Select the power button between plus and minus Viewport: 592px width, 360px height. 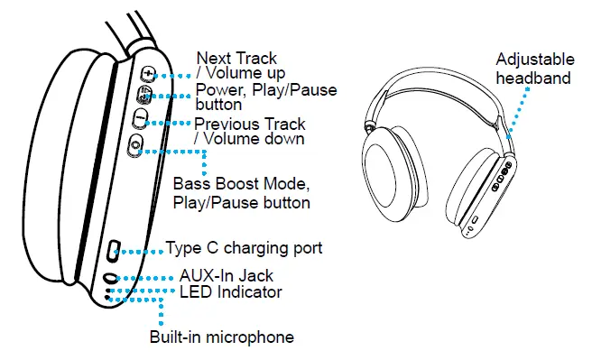click(144, 94)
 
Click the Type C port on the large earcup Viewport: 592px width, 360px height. click(115, 249)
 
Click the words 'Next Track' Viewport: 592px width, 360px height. click(236, 59)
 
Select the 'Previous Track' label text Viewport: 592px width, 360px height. click(250, 124)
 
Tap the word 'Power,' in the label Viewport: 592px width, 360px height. click(218, 90)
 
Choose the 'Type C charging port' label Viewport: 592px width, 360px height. click(245, 247)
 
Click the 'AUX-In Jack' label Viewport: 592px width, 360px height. click(226, 275)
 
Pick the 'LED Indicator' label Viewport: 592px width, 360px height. click(230, 291)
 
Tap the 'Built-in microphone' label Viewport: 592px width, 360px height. click(221, 337)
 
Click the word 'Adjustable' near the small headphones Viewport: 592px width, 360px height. click(534, 60)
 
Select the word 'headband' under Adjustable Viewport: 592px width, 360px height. click(533, 78)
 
